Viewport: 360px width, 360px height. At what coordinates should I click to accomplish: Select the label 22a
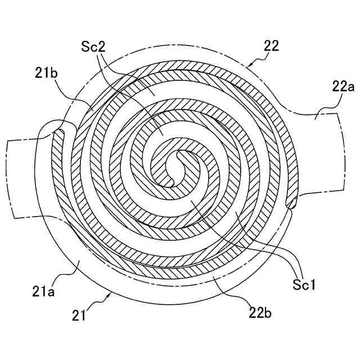341,86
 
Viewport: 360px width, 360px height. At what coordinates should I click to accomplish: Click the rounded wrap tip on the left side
58,132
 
